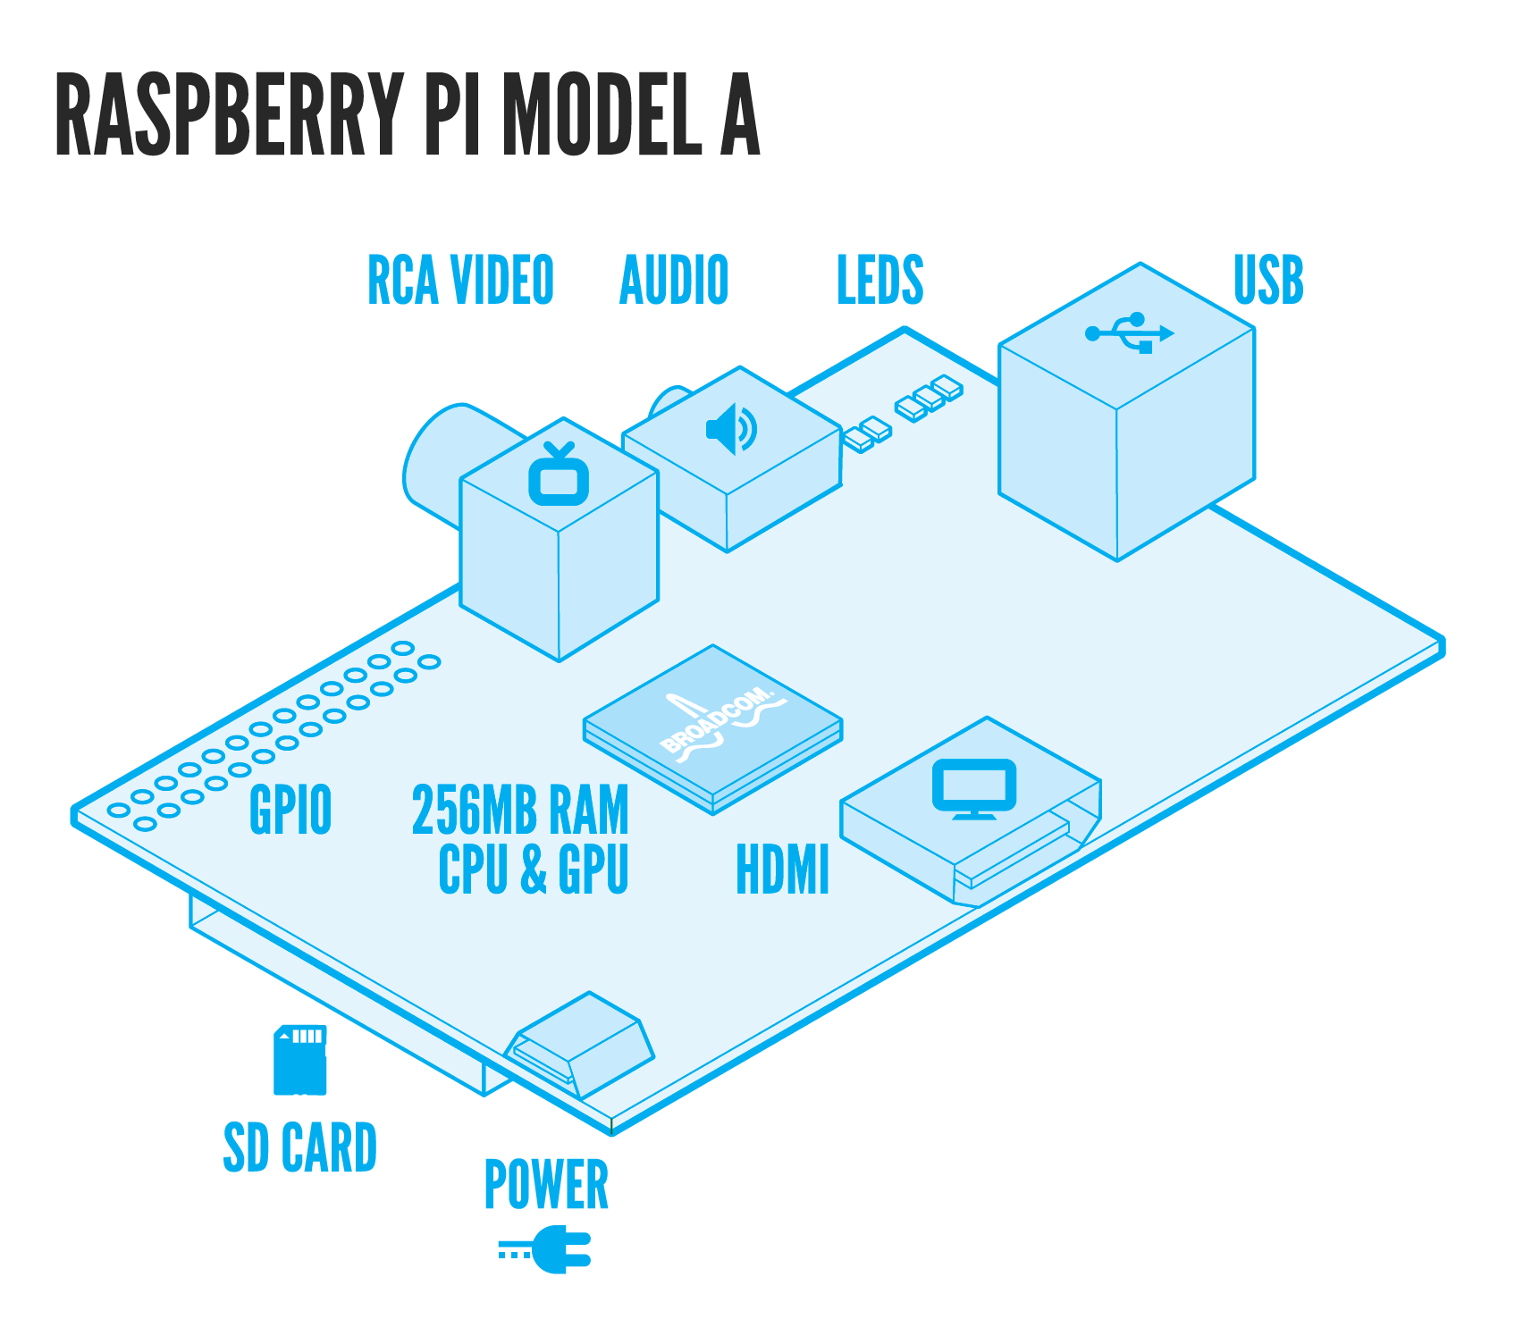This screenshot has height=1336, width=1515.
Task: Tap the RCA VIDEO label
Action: [x=460, y=281]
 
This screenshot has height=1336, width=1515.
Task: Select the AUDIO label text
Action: [x=674, y=281]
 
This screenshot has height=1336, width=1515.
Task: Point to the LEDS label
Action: [x=880, y=281]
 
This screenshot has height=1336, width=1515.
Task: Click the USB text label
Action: [x=1268, y=281]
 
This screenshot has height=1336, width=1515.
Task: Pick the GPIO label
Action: [x=290, y=810]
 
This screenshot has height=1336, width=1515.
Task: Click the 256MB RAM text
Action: [x=520, y=810]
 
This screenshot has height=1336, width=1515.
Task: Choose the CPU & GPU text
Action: [x=534, y=869]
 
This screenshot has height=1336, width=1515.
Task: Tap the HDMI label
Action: [x=783, y=870]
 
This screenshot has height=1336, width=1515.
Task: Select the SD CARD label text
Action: [x=300, y=1148]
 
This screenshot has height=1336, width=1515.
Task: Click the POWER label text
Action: [x=546, y=1186]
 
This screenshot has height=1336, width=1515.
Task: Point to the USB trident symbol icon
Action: [x=1129, y=332]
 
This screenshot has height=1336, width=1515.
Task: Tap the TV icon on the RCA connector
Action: [x=559, y=475]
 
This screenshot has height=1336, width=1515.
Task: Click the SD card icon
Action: [x=300, y=1060]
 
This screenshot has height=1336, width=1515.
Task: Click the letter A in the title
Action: [x=740, y=115]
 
